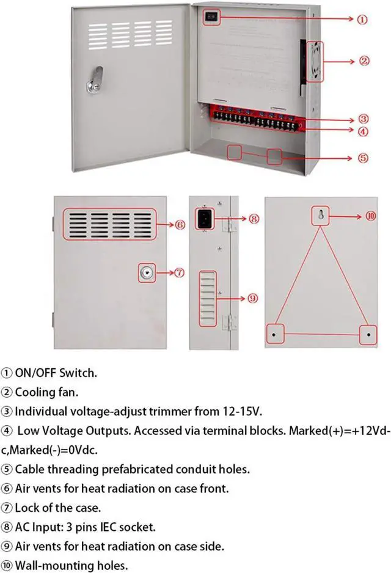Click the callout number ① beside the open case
[362, 19]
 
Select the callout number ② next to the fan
[364, 60]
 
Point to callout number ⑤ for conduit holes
[363, 158]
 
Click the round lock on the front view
[146, 273]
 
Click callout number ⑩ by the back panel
[371, 216]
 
